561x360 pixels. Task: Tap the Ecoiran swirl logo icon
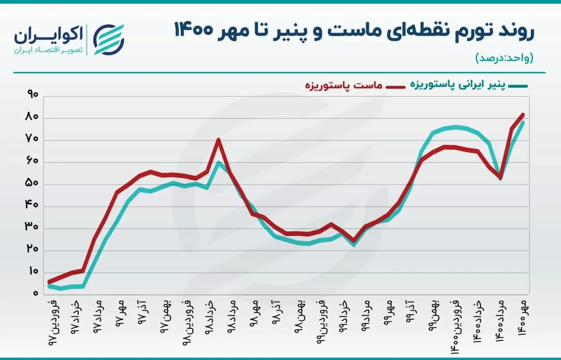click(x=109, y=39)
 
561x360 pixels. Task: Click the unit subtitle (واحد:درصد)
click(x=504, y=58)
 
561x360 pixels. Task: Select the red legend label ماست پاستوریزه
click(x=343, y=86)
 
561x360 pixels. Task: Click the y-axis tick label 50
click(x=32, y=183)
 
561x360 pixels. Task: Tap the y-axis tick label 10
click(x=32, y=271)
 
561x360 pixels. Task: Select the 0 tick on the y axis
click(x=36, y=293)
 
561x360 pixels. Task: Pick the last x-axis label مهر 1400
click(x=522, y=318)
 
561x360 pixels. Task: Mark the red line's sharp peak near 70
click(x=218, y=139)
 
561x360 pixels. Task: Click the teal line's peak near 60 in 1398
click(x=219, y=163)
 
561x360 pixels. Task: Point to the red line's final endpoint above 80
click(x=523, y=115)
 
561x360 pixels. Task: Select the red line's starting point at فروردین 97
click(x=49, y=282)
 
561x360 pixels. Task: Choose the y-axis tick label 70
click(x=32, y=139)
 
